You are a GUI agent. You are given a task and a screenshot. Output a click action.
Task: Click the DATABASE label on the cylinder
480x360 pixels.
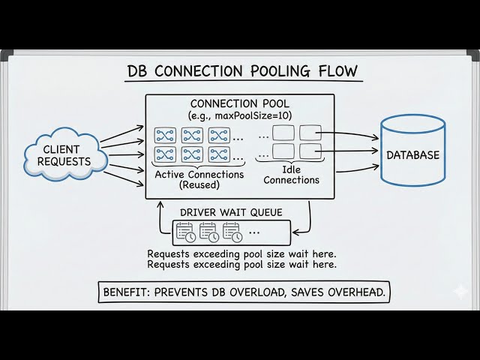pos(412,155)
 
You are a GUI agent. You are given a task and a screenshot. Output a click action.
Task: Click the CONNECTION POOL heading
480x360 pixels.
pos(240,103)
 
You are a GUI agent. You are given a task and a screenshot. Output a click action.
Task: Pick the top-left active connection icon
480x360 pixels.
pos(165,134)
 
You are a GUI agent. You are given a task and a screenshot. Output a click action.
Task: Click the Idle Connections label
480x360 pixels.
pos(292,175)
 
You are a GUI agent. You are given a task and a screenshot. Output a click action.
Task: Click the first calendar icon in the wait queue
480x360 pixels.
pos(184,232)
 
